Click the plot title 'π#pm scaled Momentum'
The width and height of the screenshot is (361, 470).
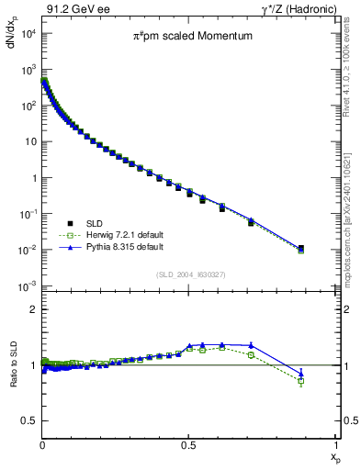click(189, 38)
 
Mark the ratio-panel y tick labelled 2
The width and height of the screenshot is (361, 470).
click(32, 310)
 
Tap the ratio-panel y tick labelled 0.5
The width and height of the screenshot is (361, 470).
click(28, 420)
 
